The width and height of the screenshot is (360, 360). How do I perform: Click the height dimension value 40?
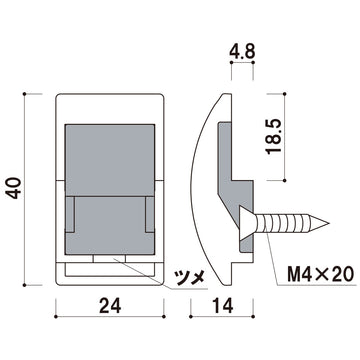click(13, 185)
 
